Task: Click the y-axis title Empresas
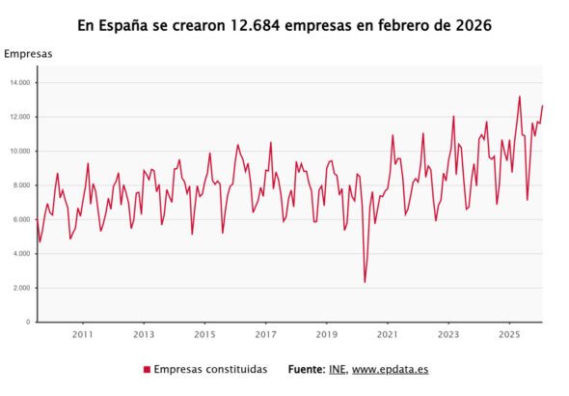pyautogui.click(x=28, y=54)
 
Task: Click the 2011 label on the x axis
pyautogui.click(x=83, y=335)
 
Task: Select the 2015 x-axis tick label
pyautogui.click(x=204, y=335)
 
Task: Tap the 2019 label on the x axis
pyautogui.click(x=327, y=335)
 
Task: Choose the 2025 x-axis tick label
pyautogui.click(x=509, y=335)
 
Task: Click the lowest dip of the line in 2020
pyautogui.click(x=365, y=282)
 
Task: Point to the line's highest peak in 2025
pyautogui.click(x=519, y=96)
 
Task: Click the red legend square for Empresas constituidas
pyautogui.click(x=147, y=370)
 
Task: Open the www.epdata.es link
pyautogui.click(x=390, y=370)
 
